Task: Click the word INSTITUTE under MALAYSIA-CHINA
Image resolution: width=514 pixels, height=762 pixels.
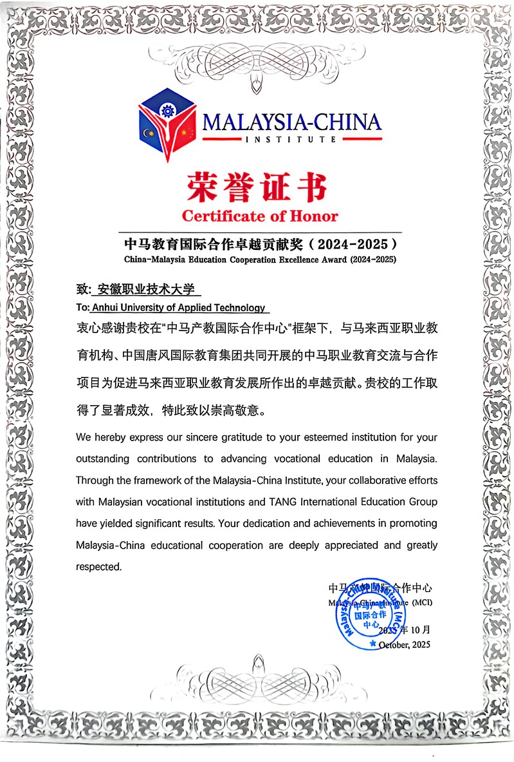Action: (290, 139)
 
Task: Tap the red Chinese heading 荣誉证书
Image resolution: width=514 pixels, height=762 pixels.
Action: (257, 187)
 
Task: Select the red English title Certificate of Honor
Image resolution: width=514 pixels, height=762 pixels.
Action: (259, 216)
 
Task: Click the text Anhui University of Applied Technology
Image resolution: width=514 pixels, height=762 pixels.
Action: (178, 308)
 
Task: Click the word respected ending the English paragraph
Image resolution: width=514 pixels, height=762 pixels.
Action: (98, 567)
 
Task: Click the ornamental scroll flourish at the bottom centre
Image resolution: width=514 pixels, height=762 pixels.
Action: (257, 676)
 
